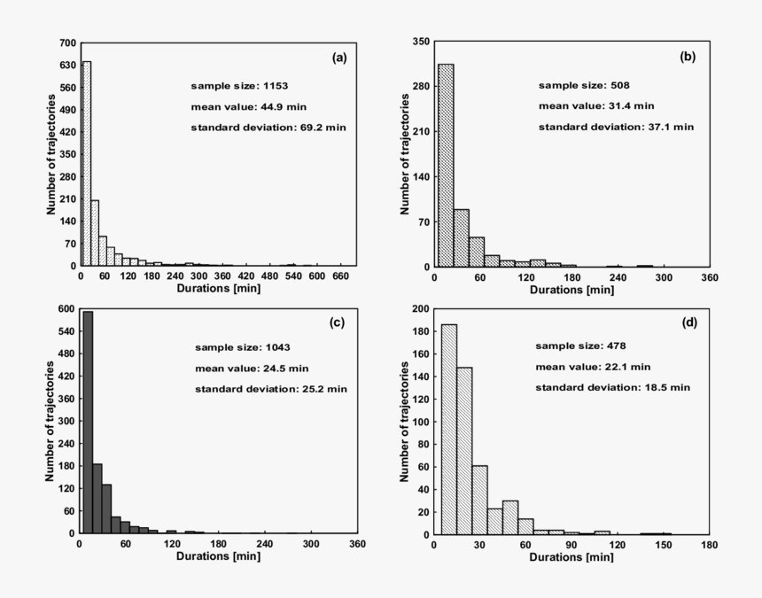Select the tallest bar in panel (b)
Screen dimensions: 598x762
pyautogui.click(x=446, y=165)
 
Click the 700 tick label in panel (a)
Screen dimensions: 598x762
pyautogui.click(x=67, y=43)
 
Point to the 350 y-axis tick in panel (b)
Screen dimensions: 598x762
pyautogui.click(x=421, y=42)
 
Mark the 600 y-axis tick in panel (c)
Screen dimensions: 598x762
pyautogui.click(x=67, y=309)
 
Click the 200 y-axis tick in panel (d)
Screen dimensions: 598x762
pyautogui.click(x=421, y=310)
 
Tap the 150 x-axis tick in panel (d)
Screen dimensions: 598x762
pyautogui.click(x=663, y=544)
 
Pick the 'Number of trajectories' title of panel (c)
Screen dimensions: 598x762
pyautogui.click(x=50, y=421)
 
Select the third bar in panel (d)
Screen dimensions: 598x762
pyautogui.click(x=479, y=501)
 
